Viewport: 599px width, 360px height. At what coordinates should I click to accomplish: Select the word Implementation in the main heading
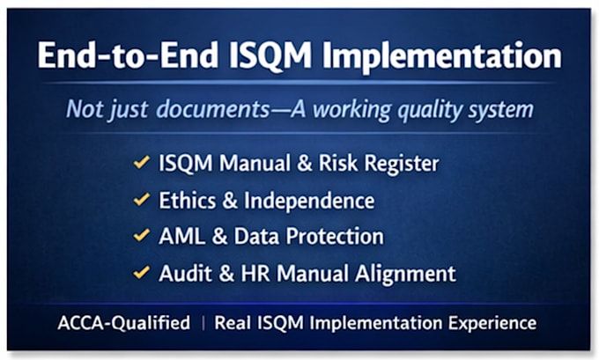tap(442, 57)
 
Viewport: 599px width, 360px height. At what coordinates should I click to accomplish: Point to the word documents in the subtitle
tap(213, 109)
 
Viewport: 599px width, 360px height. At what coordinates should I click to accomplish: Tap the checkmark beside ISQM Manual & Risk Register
tap(141, 162)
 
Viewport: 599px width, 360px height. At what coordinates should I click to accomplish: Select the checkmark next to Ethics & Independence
tap(141, 199)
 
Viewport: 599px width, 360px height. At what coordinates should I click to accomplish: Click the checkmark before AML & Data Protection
tap(141, 235)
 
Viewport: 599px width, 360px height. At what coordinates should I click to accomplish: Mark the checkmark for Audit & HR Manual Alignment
tap(141, 272)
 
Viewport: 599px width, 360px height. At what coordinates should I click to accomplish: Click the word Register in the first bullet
tap(402, 165)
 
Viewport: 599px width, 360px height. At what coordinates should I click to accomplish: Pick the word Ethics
tap(187, 201)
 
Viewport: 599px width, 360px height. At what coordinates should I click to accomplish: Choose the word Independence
tap(309, 202)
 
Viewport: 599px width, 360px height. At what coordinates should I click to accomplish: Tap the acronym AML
tap(181, 236)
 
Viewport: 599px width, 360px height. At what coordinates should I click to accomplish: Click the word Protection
tap(335, 236)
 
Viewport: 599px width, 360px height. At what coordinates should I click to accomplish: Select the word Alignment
tap(405, 275)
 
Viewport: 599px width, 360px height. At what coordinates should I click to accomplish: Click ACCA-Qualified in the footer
tap(124, 323)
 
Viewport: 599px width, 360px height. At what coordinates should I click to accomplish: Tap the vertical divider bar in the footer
tap(203, 323)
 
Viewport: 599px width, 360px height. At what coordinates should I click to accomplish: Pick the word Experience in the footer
tap(492, 324)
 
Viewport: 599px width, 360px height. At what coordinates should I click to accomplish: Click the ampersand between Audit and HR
tap(226, 274)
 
